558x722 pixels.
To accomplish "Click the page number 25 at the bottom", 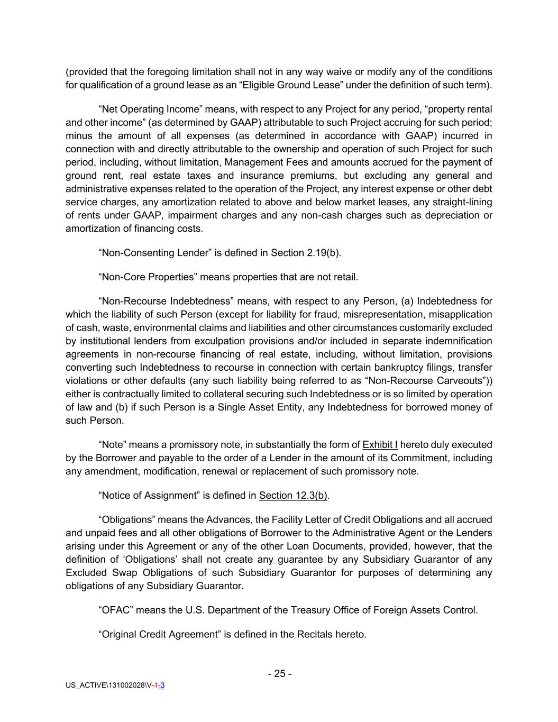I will [280, 673].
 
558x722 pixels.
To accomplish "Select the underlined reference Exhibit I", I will [380, 444].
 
